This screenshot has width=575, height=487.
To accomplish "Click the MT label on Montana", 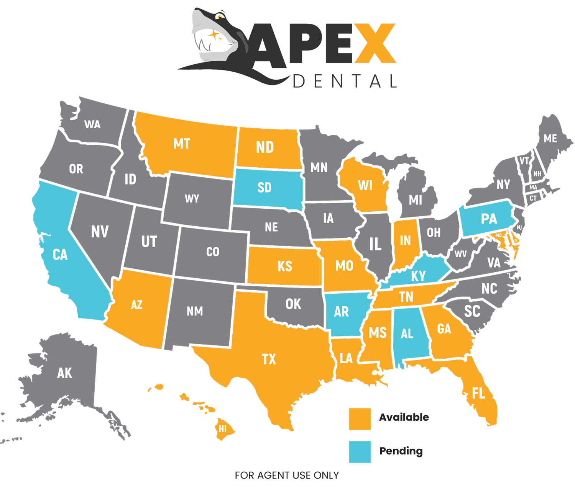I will pos(182,144).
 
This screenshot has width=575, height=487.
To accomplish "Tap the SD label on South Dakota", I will pos(264,188).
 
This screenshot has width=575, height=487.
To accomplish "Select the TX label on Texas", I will pos(269,359).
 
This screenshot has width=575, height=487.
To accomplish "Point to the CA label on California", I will pos(60,255).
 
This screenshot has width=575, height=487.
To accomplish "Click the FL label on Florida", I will pos(478,393).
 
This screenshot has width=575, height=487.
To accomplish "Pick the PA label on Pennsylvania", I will pos(489,219).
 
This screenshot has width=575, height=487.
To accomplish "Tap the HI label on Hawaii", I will pos(223,429).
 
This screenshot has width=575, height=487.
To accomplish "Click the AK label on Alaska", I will pos(64,373).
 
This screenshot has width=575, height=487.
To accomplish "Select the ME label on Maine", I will pos(550,138).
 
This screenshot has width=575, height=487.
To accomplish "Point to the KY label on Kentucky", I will pos(418,276).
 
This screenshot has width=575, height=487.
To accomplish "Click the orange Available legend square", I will pos(360,419).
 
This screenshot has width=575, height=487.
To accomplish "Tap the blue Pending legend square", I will pos(360,452).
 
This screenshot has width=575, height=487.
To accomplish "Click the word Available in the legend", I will pos(404,417).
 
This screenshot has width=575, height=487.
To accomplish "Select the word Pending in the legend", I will pos(401,451).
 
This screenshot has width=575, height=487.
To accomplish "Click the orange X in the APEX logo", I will pos(375,43).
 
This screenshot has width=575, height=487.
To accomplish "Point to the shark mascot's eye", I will pos(219,17).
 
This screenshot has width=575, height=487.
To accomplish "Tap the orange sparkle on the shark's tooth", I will pos(214,36).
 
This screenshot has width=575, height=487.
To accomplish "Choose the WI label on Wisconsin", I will pos(365,185).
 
